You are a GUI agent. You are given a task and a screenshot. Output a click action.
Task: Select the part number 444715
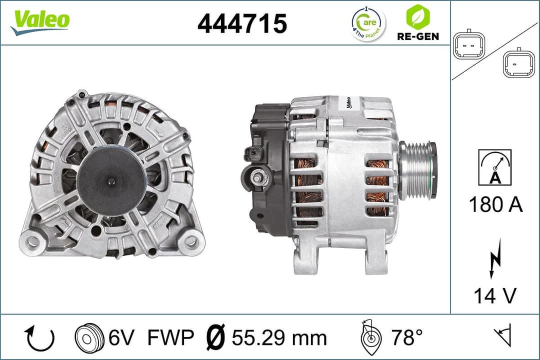click(242, 23)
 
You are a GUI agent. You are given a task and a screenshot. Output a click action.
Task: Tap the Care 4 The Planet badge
click(368, 23)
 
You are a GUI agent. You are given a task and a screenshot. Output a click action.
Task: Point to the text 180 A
click(495, 204)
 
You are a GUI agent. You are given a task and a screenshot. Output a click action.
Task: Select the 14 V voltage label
click(495, 295)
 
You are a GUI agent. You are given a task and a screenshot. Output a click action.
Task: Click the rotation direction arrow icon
click(39, 338)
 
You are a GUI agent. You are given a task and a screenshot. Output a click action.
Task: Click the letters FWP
click(170, 338)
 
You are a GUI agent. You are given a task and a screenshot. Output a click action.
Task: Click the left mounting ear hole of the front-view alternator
click(33, 241)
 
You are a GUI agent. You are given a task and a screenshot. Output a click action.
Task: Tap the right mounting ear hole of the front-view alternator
click(190, 241)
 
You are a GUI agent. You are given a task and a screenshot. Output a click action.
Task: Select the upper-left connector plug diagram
click(468, 48)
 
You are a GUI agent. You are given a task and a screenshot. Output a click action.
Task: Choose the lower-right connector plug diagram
click(518, 63)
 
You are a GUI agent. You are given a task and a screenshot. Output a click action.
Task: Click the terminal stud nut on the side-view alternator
click(257, 176)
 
